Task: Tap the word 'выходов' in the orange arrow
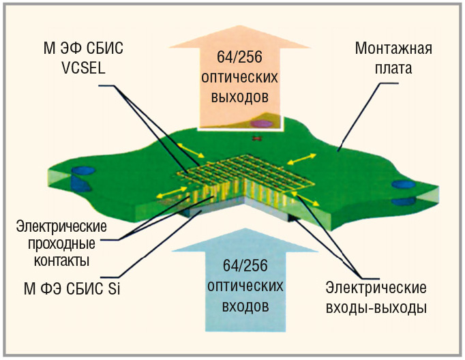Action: coord(235,96)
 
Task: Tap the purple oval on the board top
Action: coord(260,124)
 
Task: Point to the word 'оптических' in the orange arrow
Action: coord(235,76)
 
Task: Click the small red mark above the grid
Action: coord(257,139)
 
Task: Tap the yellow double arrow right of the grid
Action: coord(301,158)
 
